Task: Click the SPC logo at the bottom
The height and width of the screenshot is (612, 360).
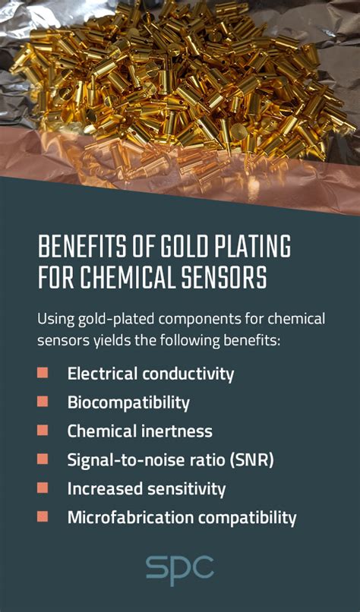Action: (x=180, y=570)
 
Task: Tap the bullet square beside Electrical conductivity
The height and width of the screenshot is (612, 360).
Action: (x=43, y=373)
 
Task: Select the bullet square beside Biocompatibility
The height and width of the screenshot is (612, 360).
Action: (x=43, y=402)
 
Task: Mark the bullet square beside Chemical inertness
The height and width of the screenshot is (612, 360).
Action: (x=43, y=431)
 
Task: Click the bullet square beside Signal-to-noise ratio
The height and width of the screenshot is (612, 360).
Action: (x=43, y=459)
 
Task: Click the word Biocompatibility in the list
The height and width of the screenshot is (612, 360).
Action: (x=128, y=402)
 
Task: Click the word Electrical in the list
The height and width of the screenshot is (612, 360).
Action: (x=99, y=374)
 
